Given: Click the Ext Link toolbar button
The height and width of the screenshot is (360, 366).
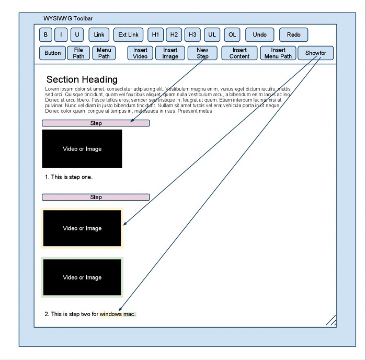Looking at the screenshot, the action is point(128,35).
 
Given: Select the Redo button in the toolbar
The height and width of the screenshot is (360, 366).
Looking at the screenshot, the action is point(293,35).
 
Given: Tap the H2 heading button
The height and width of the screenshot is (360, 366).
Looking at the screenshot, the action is point(174,35).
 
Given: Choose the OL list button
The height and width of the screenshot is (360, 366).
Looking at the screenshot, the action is point(232,35).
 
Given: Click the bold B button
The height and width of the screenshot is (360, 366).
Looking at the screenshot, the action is point(45,35).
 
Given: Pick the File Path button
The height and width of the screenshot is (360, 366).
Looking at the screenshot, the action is point(78,53).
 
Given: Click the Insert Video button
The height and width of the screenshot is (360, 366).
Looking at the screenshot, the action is point(140,53).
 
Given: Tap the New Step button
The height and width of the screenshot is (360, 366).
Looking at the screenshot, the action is point(202,53).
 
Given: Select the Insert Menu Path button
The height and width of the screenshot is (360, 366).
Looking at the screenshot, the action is point(278,53).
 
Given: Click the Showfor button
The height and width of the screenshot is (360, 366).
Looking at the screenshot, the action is point(316,53).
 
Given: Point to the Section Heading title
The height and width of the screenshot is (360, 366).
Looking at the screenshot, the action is point(82,79).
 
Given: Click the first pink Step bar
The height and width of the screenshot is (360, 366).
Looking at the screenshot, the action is point(96,123).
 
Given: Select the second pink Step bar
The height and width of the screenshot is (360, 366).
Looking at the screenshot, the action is point(96,197).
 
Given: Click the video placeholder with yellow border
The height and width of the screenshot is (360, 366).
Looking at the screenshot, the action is point(82,228).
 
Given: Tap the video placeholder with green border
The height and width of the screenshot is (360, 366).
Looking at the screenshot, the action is point(82,277).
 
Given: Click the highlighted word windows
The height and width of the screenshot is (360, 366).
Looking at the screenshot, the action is point(111,314).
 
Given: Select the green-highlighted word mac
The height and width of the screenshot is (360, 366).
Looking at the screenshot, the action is point(130,314).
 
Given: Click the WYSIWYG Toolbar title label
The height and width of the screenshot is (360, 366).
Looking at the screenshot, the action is point(68,18).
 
